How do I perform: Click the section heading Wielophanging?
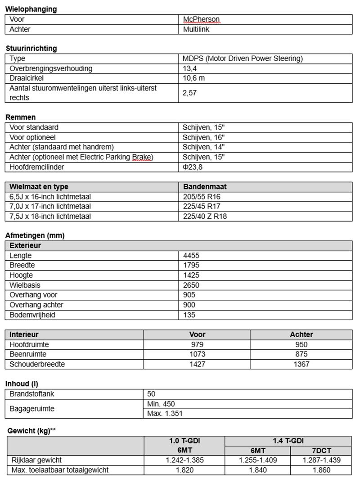tap(31, 9)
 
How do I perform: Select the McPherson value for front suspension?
tap(201, 19)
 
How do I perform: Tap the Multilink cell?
tap(196, 29)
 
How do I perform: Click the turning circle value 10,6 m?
tap(194, 78)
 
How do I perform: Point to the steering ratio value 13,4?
tap(190, 68)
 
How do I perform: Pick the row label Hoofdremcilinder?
tap(36, 167)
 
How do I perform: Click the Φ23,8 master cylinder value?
tap(193, 167)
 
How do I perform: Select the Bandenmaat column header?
tap(205, 186)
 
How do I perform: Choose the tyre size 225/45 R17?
tap(202, 206)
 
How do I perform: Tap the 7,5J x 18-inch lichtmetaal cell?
tap(50, 216)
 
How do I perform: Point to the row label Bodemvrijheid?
tap(32, 315)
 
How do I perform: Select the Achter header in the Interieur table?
tap(301, 334)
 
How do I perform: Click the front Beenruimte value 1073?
tap(197, 354)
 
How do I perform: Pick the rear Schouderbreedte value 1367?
tap(301, 364)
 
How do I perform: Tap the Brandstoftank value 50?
tap(151, 394)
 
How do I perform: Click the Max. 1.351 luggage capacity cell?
tap(165, 413)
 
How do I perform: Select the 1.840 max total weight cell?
tap(257, 470)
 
